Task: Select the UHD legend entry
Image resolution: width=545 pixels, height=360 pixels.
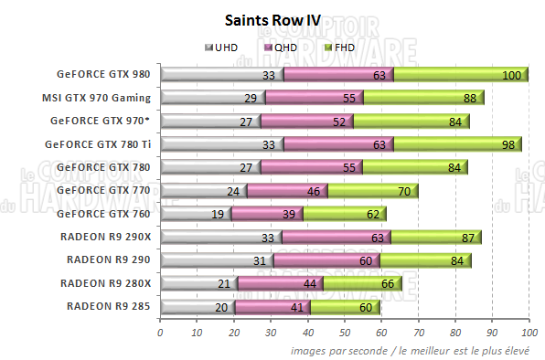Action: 225,47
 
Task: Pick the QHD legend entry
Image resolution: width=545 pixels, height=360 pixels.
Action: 279,47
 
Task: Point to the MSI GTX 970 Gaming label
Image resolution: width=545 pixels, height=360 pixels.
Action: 96,98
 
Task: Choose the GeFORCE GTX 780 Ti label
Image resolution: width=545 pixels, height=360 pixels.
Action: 100,143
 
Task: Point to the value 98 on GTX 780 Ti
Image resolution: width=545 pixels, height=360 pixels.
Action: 509,144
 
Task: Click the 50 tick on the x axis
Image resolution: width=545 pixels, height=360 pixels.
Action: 344,332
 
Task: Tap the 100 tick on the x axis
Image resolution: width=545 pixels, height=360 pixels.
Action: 528,332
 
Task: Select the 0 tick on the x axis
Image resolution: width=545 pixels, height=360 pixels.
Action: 160,332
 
